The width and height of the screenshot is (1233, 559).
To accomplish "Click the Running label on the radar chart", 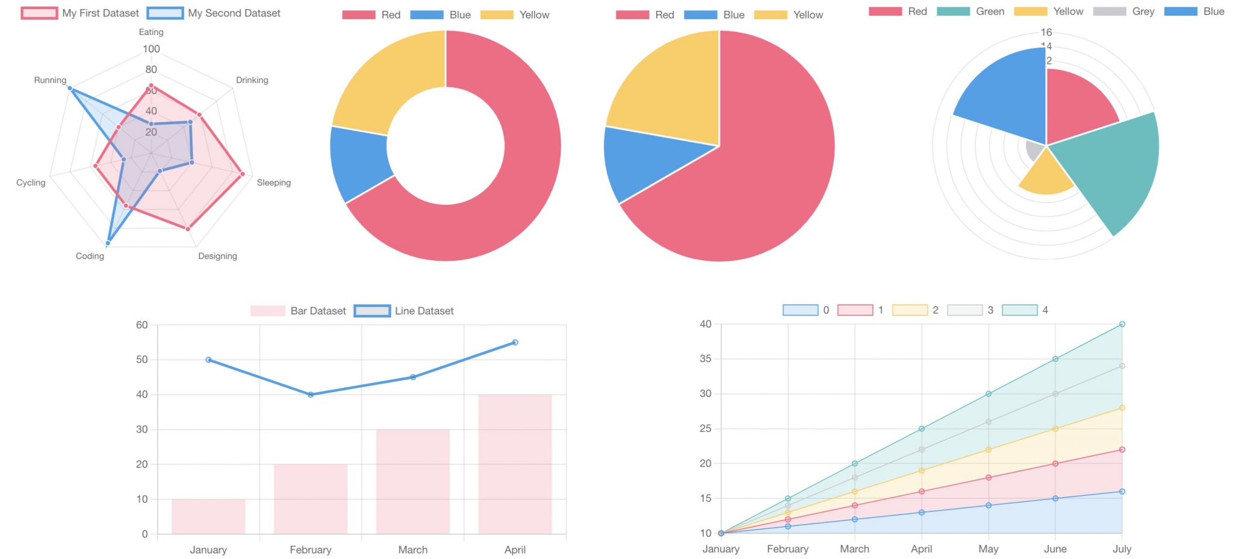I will [50, 80].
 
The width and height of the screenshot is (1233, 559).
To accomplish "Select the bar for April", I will [515, 464].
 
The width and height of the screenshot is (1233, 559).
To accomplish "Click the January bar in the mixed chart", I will [208, 516].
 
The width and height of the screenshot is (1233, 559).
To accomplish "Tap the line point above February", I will [311, 395].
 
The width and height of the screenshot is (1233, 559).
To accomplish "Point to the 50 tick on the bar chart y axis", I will [142, 360].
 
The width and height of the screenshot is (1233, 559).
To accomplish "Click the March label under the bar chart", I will [412, 549].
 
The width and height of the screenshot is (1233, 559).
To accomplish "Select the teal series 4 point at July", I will [1122, 324].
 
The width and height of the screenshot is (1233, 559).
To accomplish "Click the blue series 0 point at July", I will [1122, 492].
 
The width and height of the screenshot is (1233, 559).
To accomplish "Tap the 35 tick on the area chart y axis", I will [705, 358].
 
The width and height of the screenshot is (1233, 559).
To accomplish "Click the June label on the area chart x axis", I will [1055, 549].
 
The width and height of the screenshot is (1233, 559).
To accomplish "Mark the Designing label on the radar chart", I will [217, 256].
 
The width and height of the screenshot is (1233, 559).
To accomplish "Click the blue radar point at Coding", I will [108, 243].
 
